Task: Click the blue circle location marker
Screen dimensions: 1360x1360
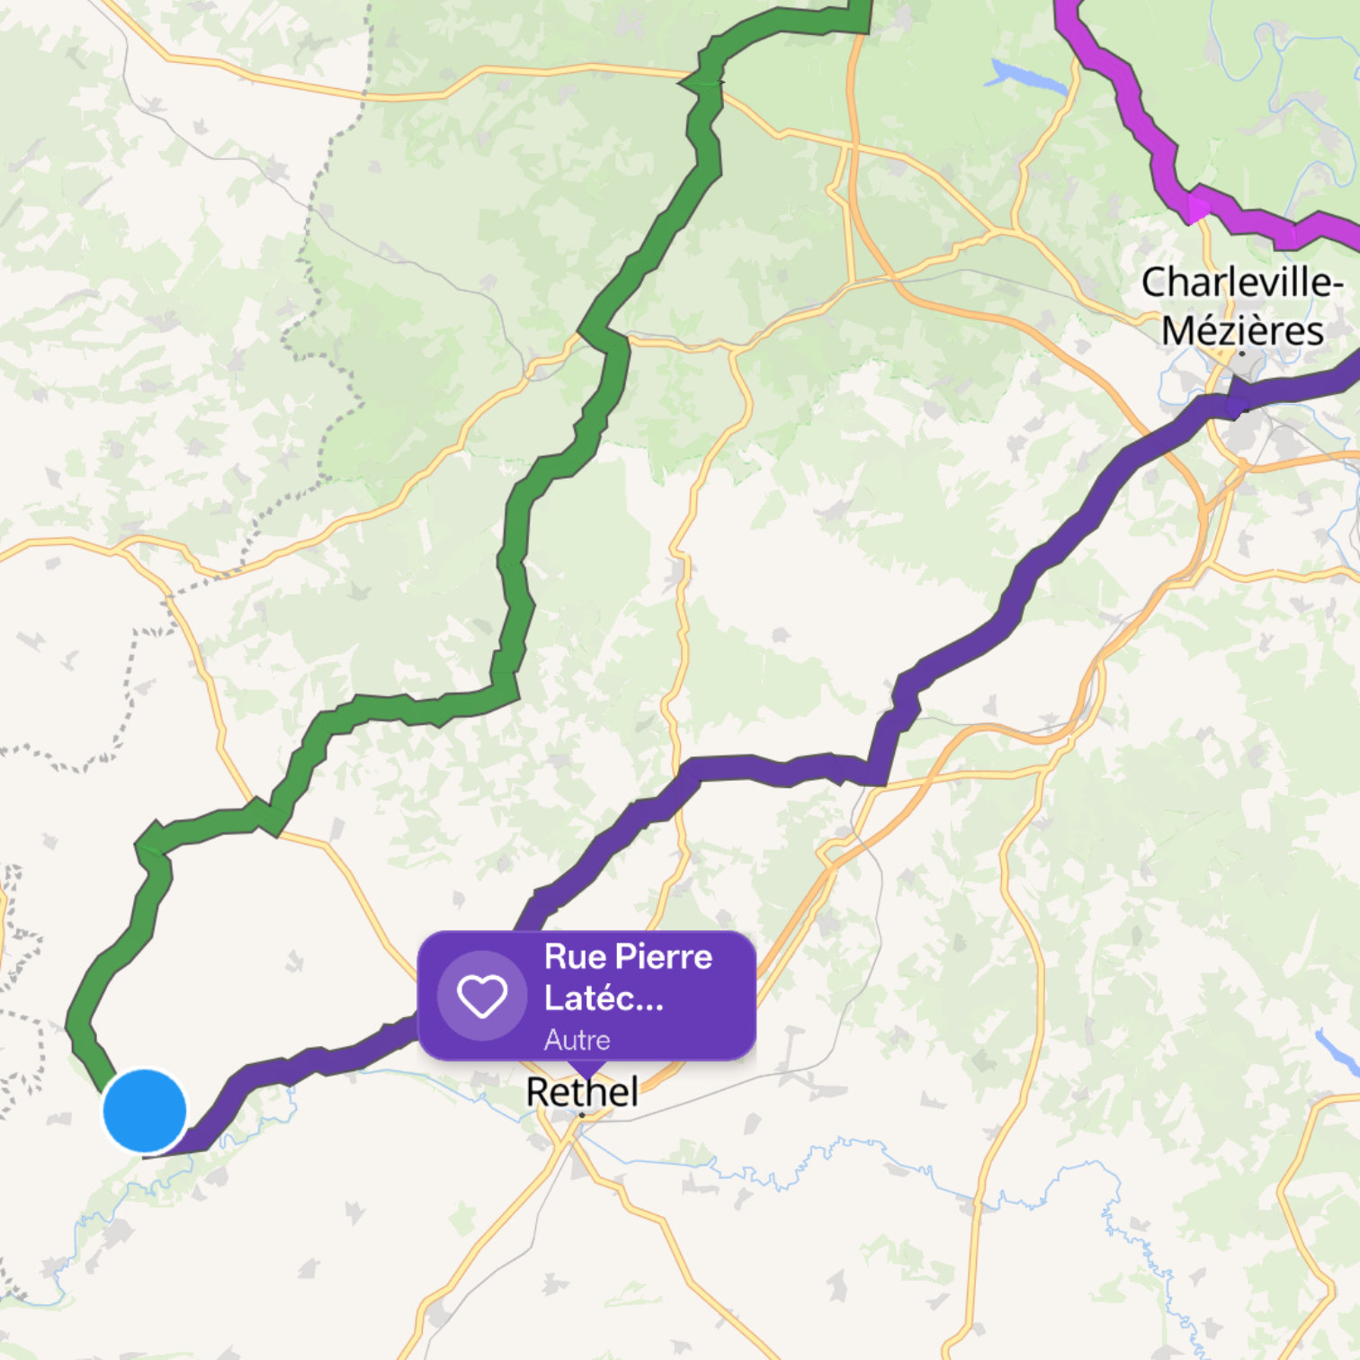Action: (145, 1111)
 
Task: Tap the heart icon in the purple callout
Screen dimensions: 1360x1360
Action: (482, 996)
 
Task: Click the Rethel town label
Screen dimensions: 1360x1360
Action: (582, 1092)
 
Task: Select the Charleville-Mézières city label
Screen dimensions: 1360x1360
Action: (1242, 306)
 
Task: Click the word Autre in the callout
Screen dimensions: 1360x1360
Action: (577, 1040)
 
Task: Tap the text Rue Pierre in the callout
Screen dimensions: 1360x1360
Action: (628, 957)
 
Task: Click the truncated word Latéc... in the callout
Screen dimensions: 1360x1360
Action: (604, 998)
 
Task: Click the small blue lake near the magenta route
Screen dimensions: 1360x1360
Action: (1025, 76)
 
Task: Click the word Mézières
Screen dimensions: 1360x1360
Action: (1242, 331)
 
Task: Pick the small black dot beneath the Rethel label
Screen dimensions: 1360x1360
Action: (582, 1115)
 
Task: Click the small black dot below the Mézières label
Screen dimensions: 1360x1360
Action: (1242, 353)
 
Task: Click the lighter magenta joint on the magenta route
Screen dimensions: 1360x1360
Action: (1197, 208)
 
